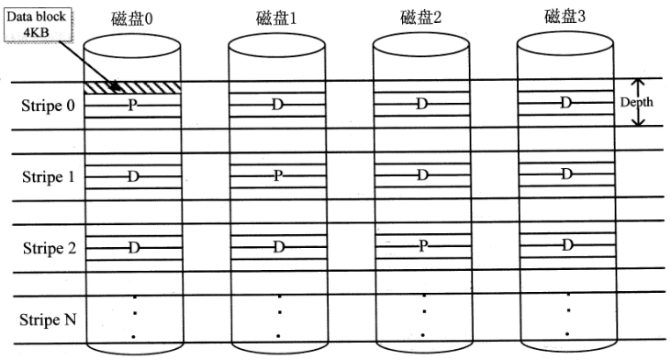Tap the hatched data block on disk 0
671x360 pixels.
(132, 87)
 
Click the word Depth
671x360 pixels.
(636, 102)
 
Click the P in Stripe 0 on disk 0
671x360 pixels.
(133, 106)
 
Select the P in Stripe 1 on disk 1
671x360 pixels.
(277, 174)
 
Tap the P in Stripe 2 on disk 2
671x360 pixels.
(421, 245)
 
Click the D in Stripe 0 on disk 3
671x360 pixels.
(565, 102)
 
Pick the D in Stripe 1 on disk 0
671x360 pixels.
(133, 175)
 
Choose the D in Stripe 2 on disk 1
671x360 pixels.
(277, 245)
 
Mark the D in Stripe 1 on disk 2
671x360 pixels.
(421, 174)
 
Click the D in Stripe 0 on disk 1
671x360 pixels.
(277, 104)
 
